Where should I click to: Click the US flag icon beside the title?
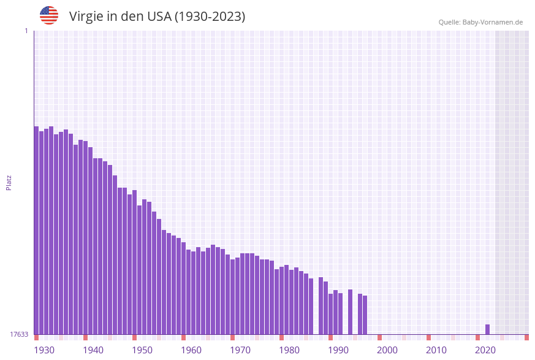click(x=49, y=15)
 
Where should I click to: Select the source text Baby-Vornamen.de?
click(x=492, y=22)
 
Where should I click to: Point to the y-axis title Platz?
click(x=9, y=182)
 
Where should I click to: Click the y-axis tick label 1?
click(x=26, y=31)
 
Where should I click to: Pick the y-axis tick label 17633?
click(x=19, y=334)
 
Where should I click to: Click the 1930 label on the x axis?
click(x=44, y=350)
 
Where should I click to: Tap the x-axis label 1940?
click(x=93, y=350)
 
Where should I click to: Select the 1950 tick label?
click(x=142, y=350)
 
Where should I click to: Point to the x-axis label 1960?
click(x=191, y=350)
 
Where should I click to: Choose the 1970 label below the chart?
click(x=240, y=350)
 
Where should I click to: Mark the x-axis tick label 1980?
click(x=289, y=350)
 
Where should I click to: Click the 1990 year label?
click(x=338, y=350)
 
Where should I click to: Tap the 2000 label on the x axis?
click(x=387, y=350)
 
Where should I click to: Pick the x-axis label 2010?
click(x=436, y=350)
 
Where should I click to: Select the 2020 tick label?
click(x=485, y=350)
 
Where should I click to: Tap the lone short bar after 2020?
click(x=487, y=329)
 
